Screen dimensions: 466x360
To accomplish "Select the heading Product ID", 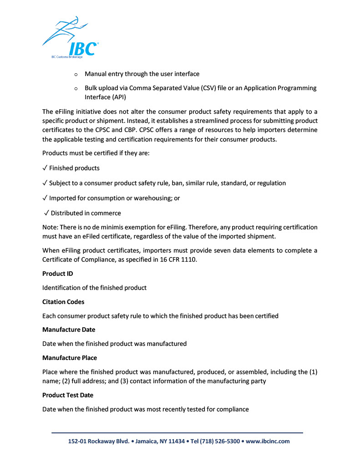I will click(57, 274).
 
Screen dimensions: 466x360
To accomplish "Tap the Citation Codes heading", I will click(63, 302).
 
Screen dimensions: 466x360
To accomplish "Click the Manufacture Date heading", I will click(69, 329).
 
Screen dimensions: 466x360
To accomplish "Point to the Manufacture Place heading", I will click(70, 358).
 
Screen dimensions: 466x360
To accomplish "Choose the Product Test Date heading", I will click(68, 395).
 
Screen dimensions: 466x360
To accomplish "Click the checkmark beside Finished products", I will click(45, 168).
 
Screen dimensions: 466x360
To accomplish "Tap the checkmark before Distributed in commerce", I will click(46, 213).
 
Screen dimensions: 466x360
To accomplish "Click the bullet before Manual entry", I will click(76, 74).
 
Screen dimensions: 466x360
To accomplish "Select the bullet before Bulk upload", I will click(76, 88).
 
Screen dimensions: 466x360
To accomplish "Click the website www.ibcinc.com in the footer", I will click(268, 441).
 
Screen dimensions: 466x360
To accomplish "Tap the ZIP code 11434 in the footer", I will click(177, 441).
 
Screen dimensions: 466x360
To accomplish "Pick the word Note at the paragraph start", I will click(50, 227).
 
